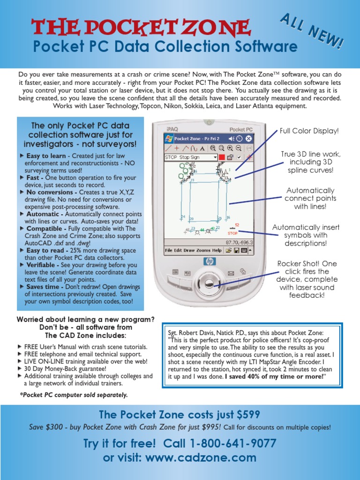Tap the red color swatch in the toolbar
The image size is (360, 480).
click(222, 157)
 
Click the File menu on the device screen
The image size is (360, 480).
click(168, 250)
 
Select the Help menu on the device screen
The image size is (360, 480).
click(217, 250)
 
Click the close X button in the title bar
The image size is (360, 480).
click(248, 139)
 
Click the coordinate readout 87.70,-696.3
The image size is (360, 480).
click(239, 243)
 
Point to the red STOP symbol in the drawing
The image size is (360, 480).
click(232, 233)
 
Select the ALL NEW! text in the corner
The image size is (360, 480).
click(312, 32)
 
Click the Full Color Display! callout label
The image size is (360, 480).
click(309, 131)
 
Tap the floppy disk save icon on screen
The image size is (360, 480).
click(228, 250)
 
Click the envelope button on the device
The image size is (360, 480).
click(231, 273)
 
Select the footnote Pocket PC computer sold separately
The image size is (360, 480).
click(74, 395)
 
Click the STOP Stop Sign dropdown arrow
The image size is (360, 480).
click(215, 157)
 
